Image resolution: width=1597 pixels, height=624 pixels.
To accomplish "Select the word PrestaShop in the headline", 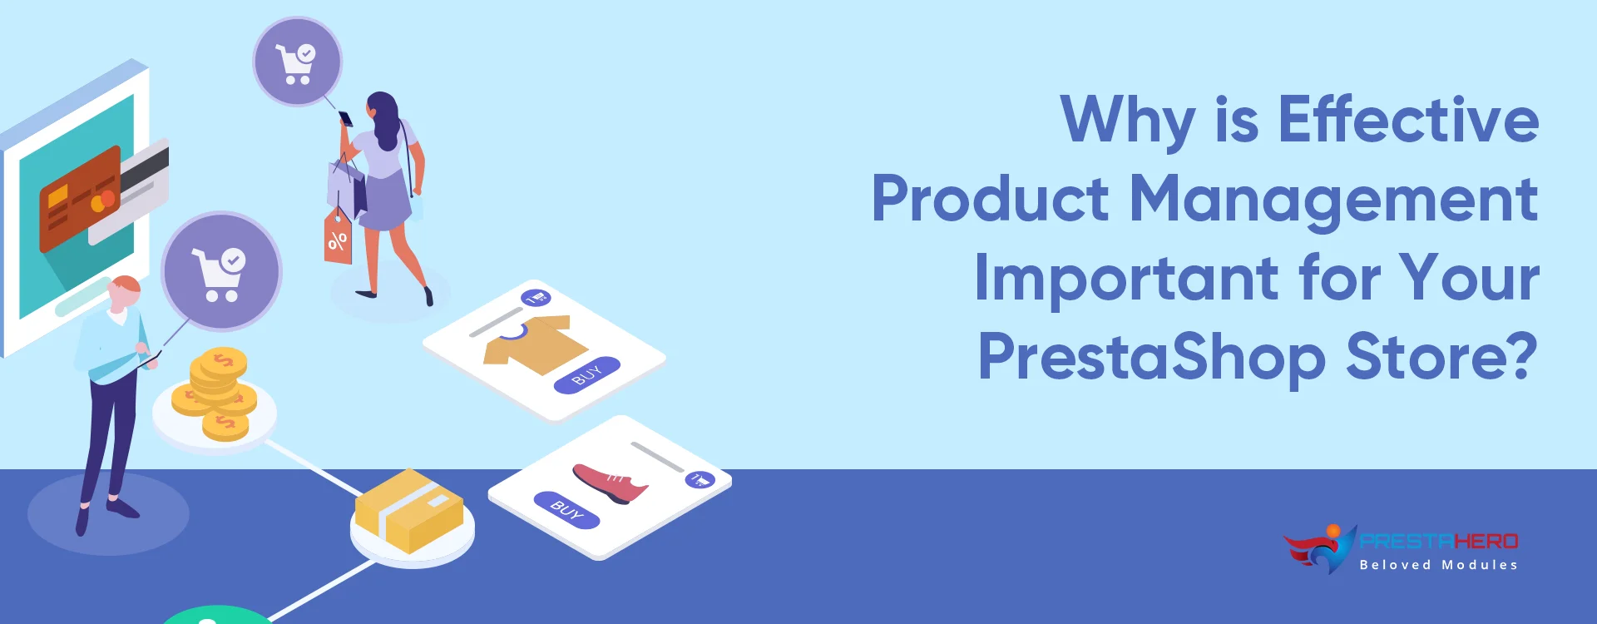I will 1151,357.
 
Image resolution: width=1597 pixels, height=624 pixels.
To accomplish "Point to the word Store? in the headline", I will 1441,357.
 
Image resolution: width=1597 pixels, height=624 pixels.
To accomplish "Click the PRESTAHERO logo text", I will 1439,542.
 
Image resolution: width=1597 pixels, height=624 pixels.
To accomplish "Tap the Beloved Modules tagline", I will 1438,565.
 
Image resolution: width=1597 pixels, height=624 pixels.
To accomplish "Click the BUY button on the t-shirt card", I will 587,375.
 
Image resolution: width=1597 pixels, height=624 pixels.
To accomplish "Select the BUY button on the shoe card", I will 566,509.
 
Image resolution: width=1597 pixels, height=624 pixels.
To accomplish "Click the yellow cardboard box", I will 408,509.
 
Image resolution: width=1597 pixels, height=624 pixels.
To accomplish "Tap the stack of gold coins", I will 217,391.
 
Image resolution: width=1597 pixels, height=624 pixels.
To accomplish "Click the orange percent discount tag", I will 338,239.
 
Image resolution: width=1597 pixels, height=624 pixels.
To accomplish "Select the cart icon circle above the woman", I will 297,62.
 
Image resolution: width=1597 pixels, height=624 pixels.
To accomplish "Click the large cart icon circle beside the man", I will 221,272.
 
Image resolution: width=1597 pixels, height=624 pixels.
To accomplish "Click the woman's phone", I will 345,119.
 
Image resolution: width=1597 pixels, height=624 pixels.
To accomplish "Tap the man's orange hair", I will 127,285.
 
